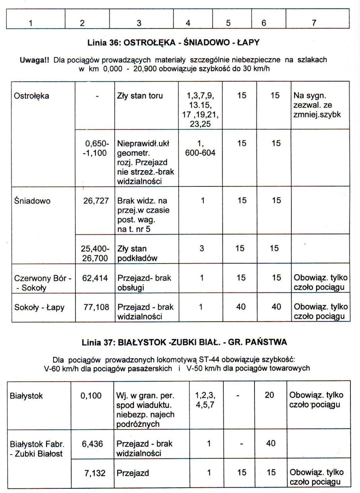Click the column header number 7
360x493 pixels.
pyautogui.click(x=314, y=23)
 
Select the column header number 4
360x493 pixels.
pyautogui.click(x=188, y=23)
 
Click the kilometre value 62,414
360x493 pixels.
pyautogui.click(x=94, y=277)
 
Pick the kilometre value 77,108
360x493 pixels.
pyautogui.click(x=94, y=307)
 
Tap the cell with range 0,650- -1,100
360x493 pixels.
pyautogui.click(x=96, y=148)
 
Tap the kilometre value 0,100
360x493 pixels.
pyautogui.click(x=91, y=396)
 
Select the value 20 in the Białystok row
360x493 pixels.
pyautogui.click(x=269, y=396)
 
